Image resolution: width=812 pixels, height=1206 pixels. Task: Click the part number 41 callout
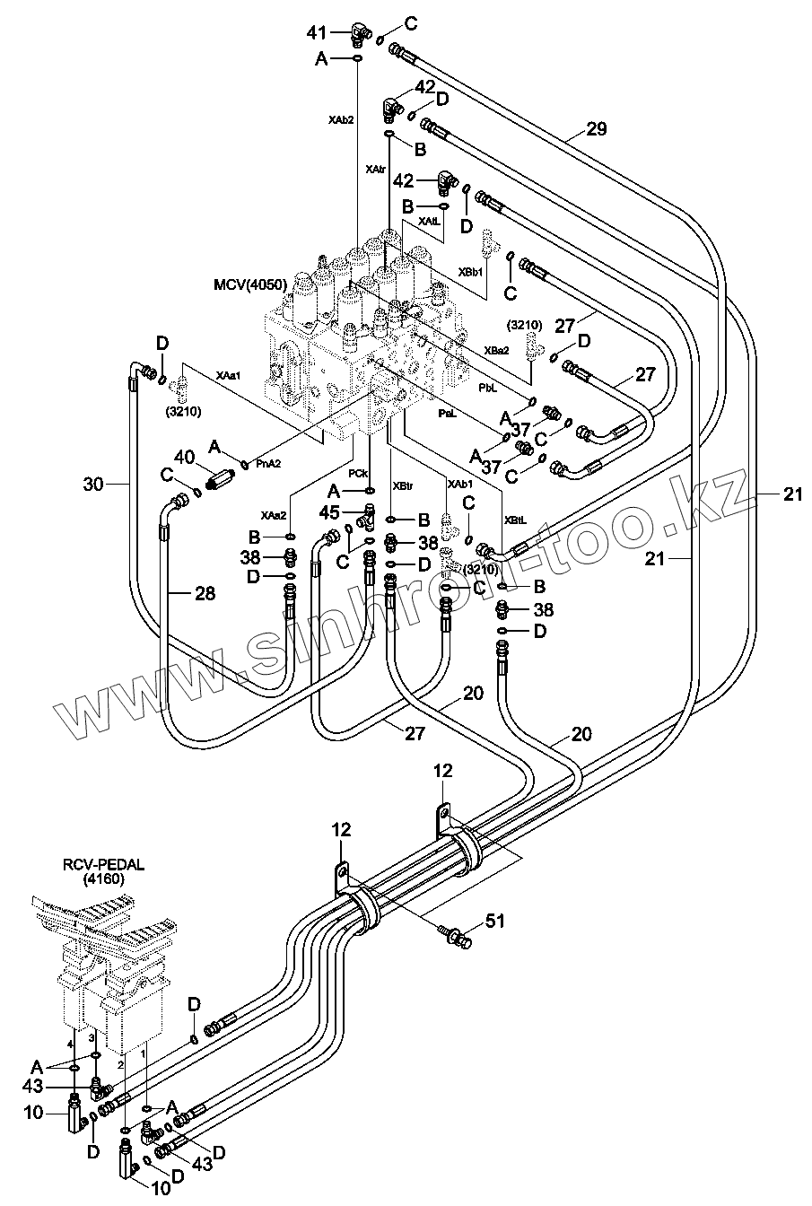(x=317, y=33)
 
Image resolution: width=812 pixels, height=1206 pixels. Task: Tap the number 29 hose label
(x=597, y=129)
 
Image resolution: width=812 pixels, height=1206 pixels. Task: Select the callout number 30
(x=93, y=485)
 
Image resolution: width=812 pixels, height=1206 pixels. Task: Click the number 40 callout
(x=185, y=458)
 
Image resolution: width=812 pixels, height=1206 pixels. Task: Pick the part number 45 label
(x=328, y=512)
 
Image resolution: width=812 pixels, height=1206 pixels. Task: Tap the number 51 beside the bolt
(x=496, y=920)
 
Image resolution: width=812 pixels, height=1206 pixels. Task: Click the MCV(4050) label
(x=250, y=285)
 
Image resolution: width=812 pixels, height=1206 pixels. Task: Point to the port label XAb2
(x=342, y=119)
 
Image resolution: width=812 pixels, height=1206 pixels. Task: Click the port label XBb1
(x=471, y=271)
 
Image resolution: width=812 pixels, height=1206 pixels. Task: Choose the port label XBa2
(x=496, y=350)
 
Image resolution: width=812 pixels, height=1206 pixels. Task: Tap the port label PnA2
(x=269, y=464)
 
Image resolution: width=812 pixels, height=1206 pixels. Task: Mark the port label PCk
(x=357, y=473)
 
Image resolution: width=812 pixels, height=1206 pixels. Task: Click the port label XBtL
(x=515, y=520)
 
